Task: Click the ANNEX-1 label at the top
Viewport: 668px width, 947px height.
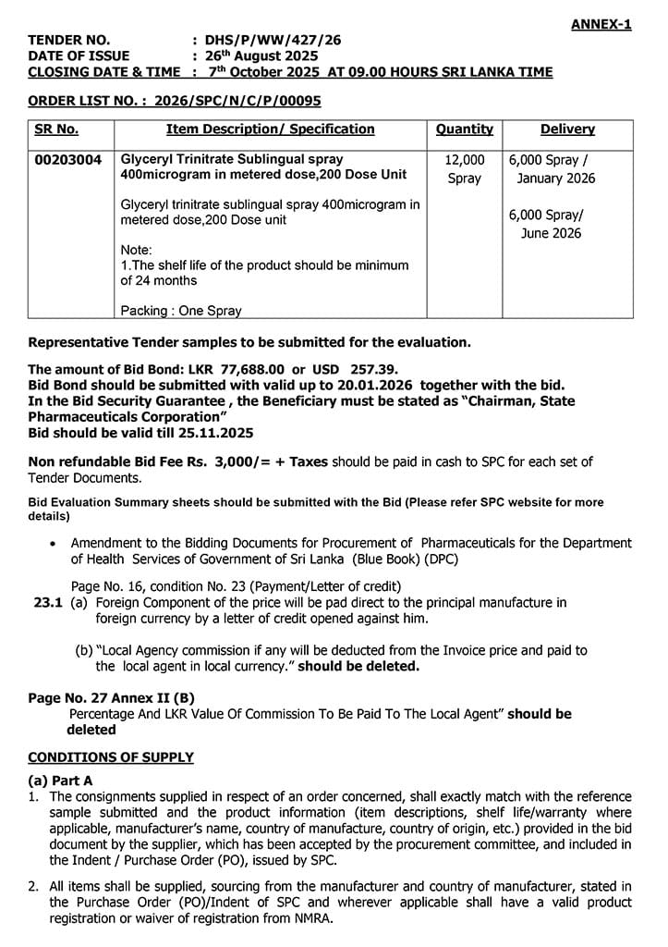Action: [601, 25]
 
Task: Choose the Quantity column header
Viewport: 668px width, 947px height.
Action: [464, 129]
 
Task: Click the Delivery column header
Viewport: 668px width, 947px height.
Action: [567, 129]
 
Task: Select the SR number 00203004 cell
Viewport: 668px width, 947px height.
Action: [68, 160]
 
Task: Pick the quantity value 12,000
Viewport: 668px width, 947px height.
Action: [464, 160]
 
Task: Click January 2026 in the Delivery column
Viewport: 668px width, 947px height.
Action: [556, 178]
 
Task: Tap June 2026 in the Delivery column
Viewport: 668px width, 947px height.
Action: [551, 233]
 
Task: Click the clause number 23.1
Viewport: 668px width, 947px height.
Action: [47, 602]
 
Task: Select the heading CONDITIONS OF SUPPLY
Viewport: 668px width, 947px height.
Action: [111, 757]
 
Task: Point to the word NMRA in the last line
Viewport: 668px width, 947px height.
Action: [312, 919]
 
